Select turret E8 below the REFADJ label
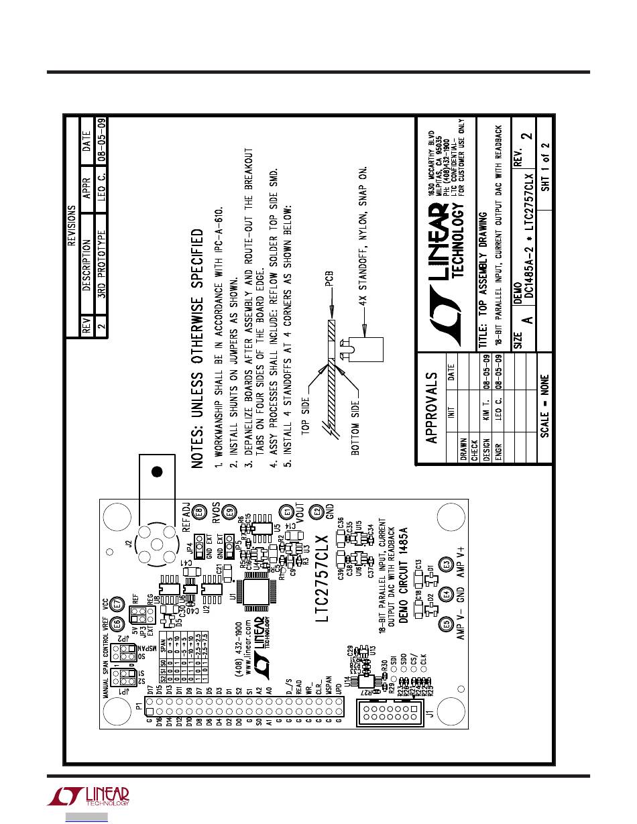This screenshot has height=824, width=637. pos(198,514)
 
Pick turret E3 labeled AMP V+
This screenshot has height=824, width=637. pos(444,564)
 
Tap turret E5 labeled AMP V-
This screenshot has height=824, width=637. pos(444,624)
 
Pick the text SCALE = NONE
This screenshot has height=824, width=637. pos(544,405)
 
